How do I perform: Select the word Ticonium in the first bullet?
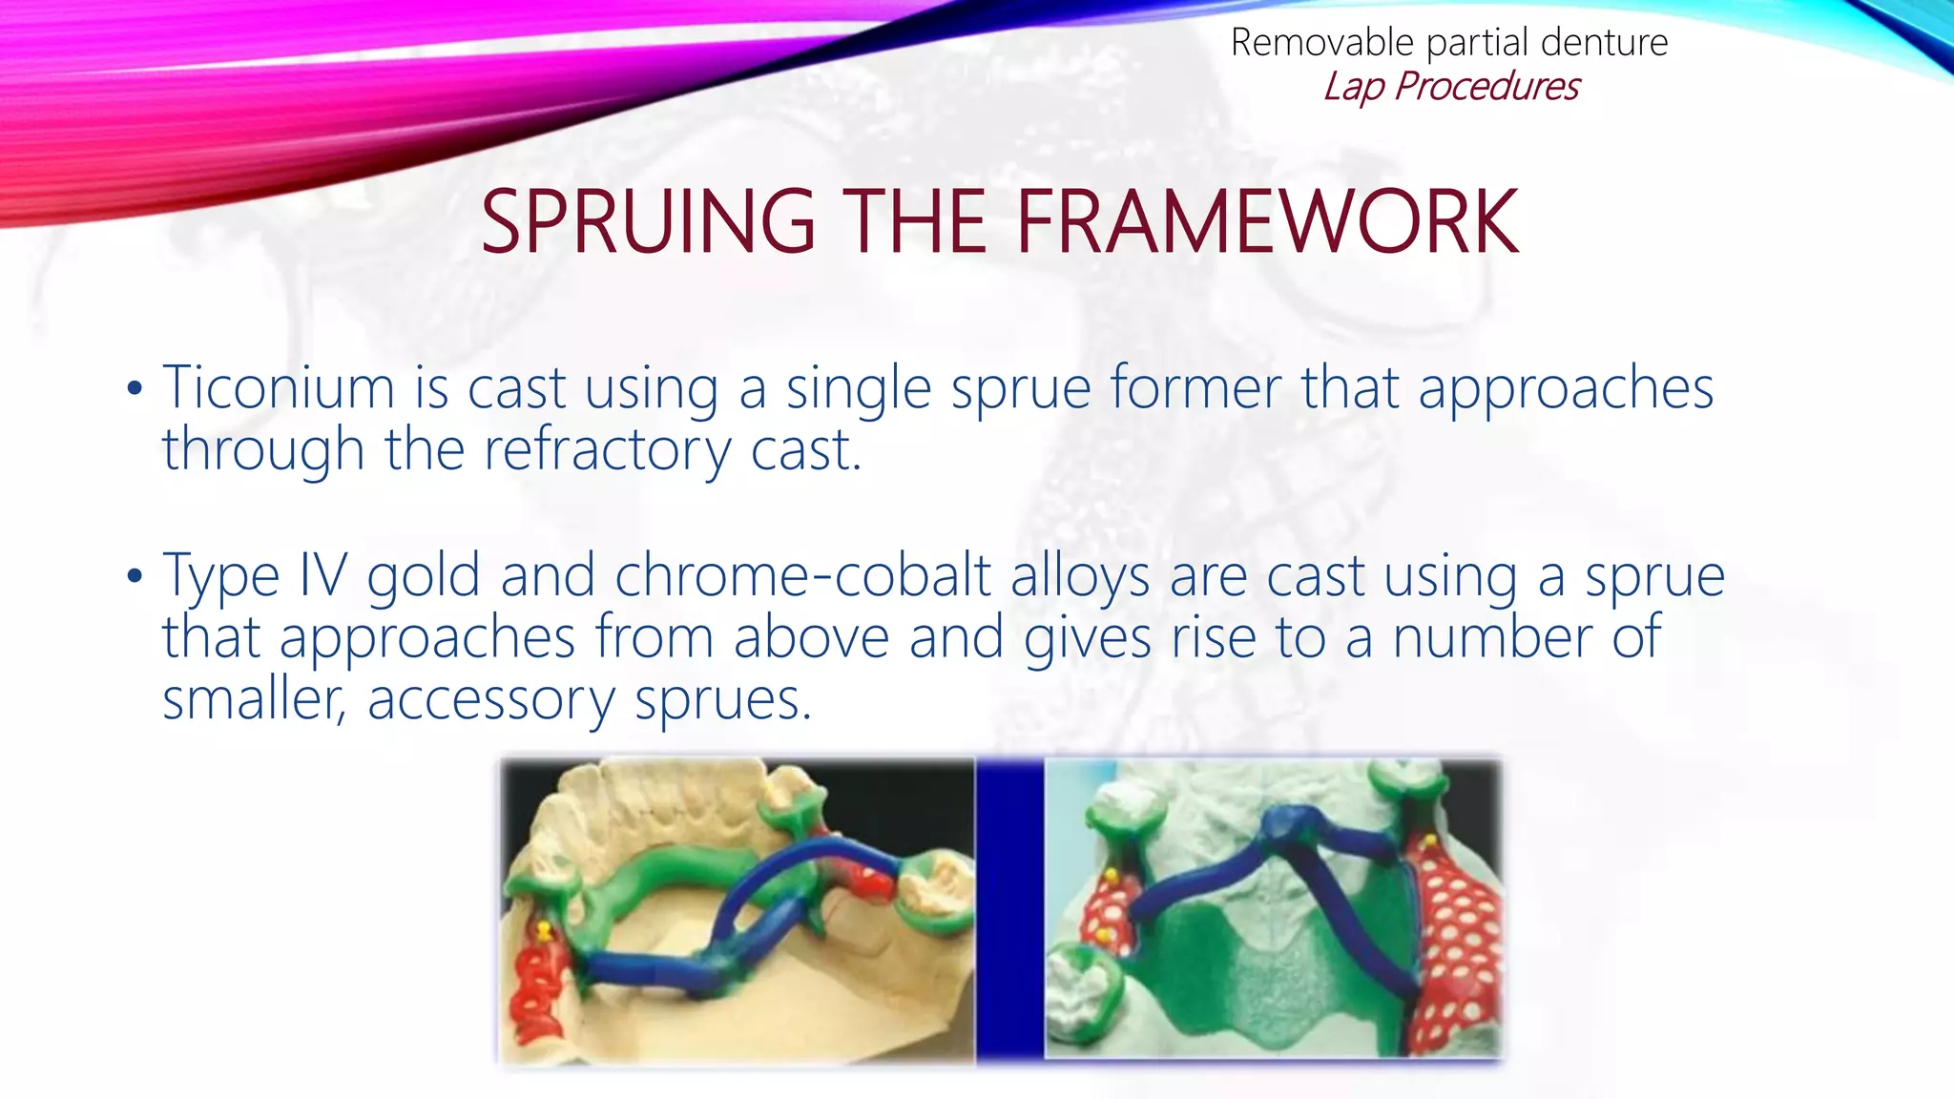[x=278, y=388]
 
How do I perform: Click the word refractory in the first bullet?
[x=606, y=449]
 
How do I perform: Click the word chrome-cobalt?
[x=802, y=575]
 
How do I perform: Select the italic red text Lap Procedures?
[x=1450, y=86]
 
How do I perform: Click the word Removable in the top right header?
[x=1321, y=43]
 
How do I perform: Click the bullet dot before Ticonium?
[x=135, y=389]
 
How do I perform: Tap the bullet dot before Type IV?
[x=135, y=576]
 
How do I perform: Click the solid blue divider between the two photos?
[x=1009, y=906]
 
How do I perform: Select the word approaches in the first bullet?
[x=1566, y=388]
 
